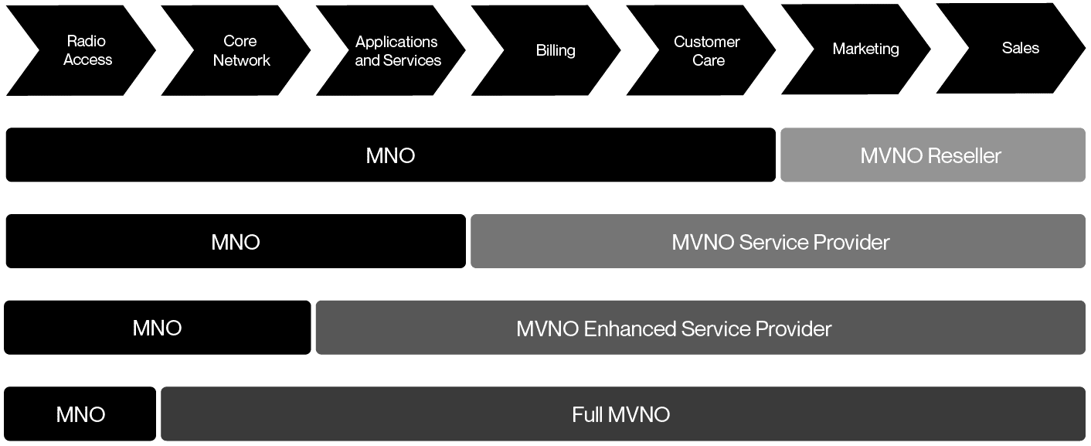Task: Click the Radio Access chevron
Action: [87, 50]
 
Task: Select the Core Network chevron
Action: [241, 50]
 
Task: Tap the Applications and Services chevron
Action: [397, 50]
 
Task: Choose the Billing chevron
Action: [555, 50]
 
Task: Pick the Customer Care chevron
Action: [708, 50]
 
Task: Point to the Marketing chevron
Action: [865, 49]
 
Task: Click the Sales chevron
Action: [1020, 48]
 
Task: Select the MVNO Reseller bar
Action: [932, 155]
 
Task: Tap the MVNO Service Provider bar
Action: [779, 242]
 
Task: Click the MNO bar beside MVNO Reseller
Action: [390, 155]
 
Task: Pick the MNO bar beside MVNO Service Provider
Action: [236, 242]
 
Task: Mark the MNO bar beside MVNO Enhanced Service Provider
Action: [157, 329]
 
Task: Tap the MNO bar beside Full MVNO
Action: [80, 414]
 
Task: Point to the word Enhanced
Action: [630, 329]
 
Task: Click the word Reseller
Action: [964, 156]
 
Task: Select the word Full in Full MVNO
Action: [587, 414]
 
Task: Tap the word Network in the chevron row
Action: [242, 60]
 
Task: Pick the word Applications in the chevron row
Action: [396, 42]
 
